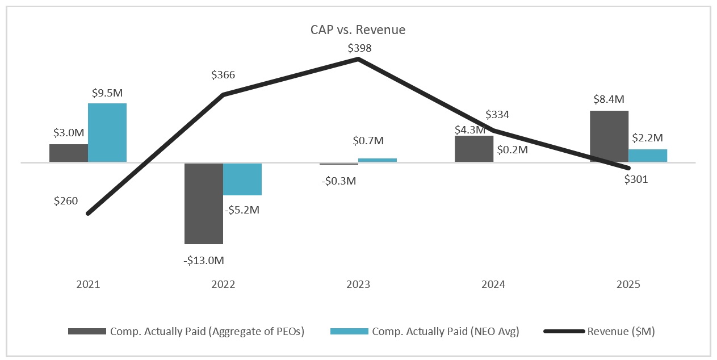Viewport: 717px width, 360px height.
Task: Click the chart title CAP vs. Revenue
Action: [x=358, y=30]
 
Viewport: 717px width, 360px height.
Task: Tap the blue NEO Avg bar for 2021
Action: [x=107, y=132]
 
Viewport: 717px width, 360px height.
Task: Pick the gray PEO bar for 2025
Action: [x=609, y=136]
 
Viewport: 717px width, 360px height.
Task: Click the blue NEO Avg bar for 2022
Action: [x=242, y=179]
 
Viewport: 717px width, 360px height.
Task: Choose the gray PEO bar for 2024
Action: [x=474, y=149]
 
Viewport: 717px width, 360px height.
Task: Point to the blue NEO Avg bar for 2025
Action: [x=648, y=156]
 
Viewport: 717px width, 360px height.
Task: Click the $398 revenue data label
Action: [x=359, y=48]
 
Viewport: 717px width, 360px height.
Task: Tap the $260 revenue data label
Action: [x=66, y=200]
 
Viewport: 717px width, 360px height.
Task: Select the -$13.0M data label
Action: [x=204, y=261]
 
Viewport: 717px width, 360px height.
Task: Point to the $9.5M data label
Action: [x=107, y=92]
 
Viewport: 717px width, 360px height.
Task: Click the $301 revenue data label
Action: [x=636, y=180]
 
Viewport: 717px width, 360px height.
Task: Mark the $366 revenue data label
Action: [x=223, y=75]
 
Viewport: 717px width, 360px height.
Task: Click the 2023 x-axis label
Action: [x=358, y=284]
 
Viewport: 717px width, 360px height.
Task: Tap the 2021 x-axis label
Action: [x=88, y=284]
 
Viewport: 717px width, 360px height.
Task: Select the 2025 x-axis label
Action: [x=628, y=284]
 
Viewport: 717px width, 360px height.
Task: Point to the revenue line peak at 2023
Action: [x=358, y=59]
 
